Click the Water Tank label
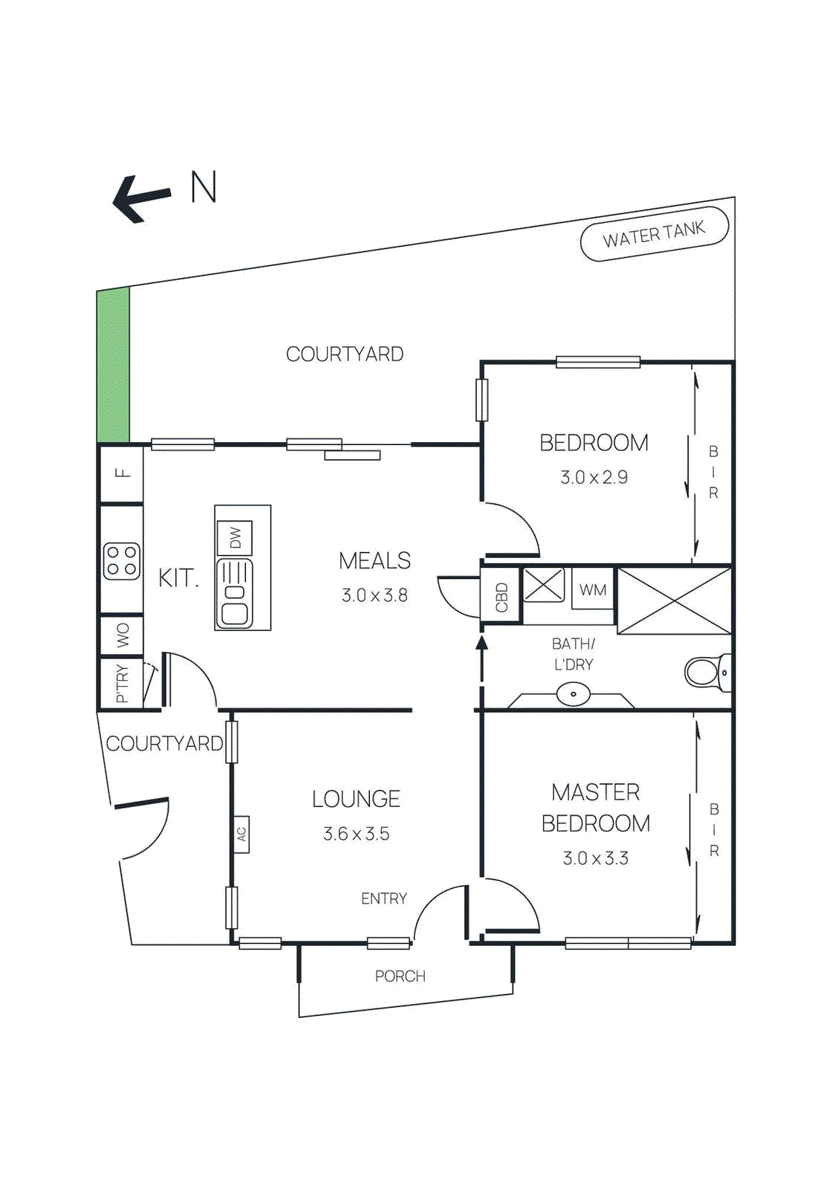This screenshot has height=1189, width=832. (654, 235)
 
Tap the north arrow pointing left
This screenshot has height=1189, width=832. (141, 198)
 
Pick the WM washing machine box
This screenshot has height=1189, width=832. (593, 590)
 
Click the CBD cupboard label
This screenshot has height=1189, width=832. (501, 597)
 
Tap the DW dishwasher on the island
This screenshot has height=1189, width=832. (235, 537)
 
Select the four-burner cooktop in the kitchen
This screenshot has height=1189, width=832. (122, 561)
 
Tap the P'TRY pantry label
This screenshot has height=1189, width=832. (122, 684)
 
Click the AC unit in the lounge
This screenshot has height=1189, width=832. (241, 834)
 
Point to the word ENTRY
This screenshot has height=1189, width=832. (384, 898)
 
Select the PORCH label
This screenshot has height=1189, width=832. (400, 976)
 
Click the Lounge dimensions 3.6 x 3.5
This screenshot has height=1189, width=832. (357, 834)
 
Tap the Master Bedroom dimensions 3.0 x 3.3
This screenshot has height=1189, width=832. (596, 858)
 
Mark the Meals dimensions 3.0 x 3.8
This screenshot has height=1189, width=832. (374, 595)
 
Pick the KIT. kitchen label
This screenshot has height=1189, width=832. (178, 578)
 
